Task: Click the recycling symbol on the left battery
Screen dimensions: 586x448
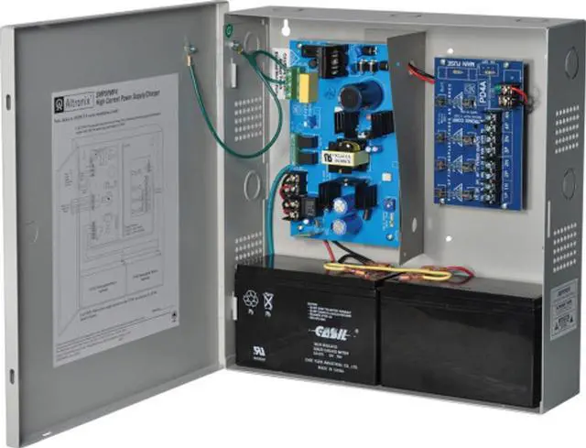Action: click(x=250, y=298)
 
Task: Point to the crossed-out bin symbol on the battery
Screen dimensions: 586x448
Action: click(x=267, y=300)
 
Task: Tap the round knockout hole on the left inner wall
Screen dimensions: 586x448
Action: click(x=251, y=187)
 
